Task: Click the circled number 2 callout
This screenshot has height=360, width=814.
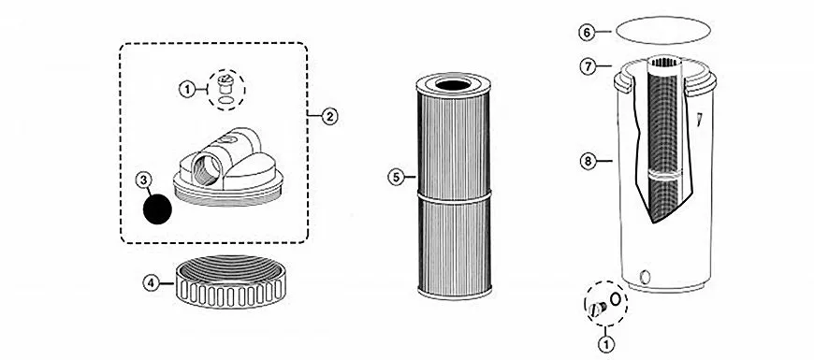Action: click(x=329, y=116)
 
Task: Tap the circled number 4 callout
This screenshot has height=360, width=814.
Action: click(x=151, y=283)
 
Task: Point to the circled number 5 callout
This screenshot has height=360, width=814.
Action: click(x=396, y=178)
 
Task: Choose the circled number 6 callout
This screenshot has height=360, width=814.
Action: click(x=587, y=32)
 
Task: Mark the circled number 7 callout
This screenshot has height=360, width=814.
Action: click(x=588, y=67)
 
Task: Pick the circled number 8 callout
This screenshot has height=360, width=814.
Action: click(x=588, y=162)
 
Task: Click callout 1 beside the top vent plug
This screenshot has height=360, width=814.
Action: click(x=187, y=90)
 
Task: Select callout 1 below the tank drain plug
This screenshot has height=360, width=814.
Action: click(x=606, y=343)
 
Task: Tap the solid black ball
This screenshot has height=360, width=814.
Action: click(x=157, y=209)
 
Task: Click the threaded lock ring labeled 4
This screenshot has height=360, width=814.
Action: click(x=230, y=282)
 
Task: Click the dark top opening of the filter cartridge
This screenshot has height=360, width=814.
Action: click(x=453, y=85)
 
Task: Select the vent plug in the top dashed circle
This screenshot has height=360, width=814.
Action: click(x=225, y=82)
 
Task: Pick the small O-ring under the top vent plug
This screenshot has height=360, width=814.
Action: click(x=225, y=100)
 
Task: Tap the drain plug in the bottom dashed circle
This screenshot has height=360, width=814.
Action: click(x=597, y=310)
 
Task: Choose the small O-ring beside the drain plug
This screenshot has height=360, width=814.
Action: click(x=616, y=299)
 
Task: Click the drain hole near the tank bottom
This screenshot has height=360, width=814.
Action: click(x=646, y=277)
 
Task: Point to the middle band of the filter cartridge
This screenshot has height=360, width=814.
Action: click(x=454, y=195)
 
